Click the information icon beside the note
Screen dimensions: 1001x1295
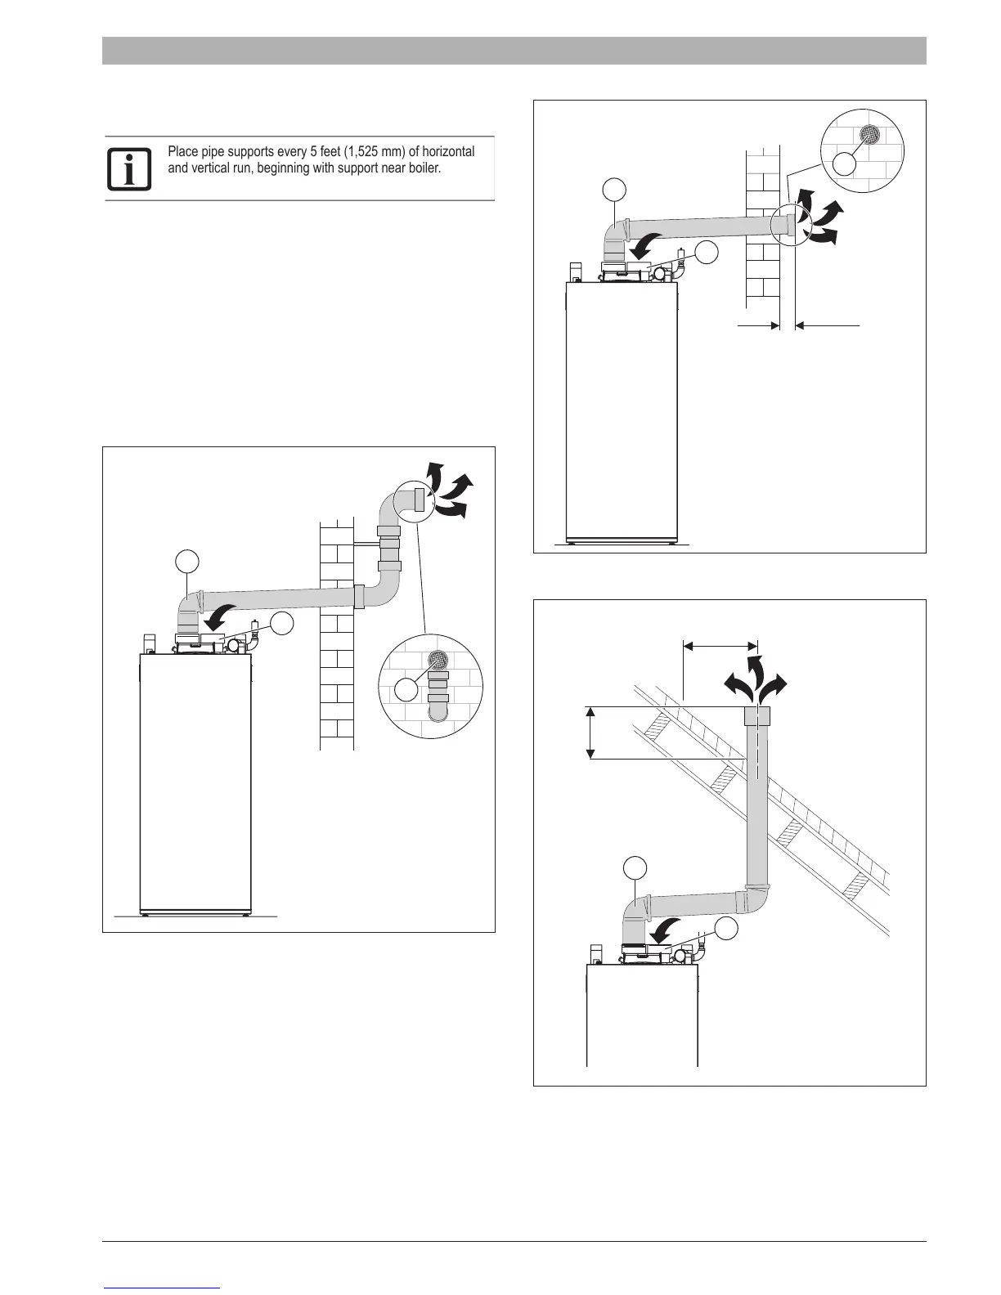click(x=129, y=169)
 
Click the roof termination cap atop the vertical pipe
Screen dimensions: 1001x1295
click(x=757, y=717)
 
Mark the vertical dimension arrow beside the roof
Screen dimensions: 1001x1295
click(x=590, y=733)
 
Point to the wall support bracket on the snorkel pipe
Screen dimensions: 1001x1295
click(x=366, y=543)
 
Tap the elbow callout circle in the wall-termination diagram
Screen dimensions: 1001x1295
click(x=615, y=190)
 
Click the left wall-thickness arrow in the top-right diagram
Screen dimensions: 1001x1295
click(x=759, y=325)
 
